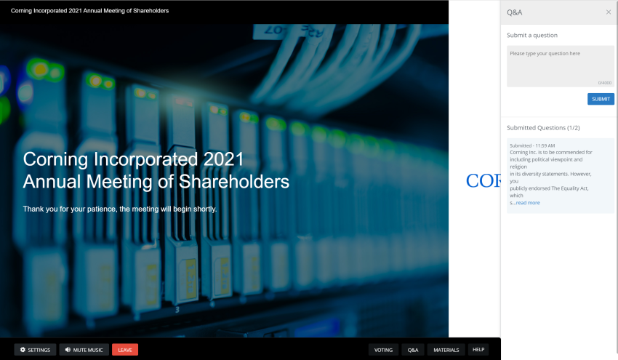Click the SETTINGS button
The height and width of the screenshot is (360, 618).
click(x=35, y=350)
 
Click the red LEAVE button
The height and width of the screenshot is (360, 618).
click(x=125, y=350)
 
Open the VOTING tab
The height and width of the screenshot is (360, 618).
click(x=383, y=350)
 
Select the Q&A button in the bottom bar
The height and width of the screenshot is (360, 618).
click(x=413, y=350)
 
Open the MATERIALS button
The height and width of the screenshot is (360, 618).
click(x=446, y=350)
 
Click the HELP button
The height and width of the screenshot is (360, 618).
click(x=478, y=349)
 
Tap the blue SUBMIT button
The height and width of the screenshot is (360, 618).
click(x=601, y=99)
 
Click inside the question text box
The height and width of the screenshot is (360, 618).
click(x=558, y=65)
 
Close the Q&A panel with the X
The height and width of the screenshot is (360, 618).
click(x=609, y=12)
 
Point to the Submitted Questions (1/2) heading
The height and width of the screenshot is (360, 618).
click(x=543, y=128)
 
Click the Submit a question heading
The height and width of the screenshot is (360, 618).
click(x=532, y=35)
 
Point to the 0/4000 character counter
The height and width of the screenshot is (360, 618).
click(x=605, y=83)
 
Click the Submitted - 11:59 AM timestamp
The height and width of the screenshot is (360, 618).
click(x=532, y=145)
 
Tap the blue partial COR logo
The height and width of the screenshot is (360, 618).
click(x=483, y=181)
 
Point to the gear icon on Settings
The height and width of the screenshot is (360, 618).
click(x=23, y=350)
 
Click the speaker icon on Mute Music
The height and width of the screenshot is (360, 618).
click(x=68, y=350)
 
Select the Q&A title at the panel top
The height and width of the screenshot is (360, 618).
click(x=515, y=12)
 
